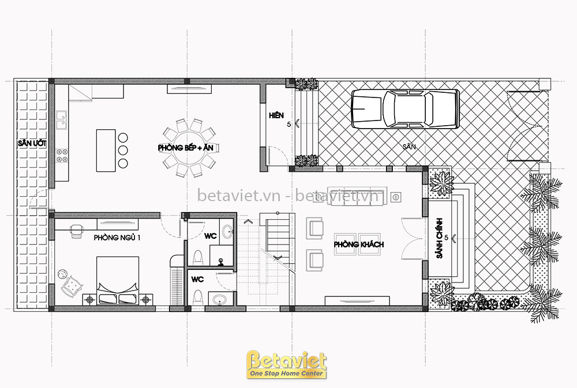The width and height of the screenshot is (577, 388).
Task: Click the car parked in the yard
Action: point(405,108)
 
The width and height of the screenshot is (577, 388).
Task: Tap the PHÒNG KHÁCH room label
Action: point(359,244)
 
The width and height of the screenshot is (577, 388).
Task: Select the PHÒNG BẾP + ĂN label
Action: point(185,148)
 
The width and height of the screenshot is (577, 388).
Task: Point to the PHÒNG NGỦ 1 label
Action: point(117,238)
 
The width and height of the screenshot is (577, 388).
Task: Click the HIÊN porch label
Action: point(276,115)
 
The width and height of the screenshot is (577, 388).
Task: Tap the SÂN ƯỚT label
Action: point(32,144)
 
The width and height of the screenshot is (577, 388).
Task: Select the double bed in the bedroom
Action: point(118,281)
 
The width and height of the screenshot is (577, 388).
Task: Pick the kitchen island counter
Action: point(106,150)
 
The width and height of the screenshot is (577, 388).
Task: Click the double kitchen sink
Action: point(62,120)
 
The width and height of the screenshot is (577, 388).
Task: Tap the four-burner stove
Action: point(62,156)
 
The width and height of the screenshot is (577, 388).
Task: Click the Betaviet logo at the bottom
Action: point(286,364)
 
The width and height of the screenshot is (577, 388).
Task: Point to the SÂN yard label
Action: point(409,146)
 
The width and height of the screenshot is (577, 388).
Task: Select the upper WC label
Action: point(211,236)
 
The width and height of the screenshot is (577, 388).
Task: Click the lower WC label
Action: point(197,280)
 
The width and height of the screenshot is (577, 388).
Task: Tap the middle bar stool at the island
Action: point(123,150)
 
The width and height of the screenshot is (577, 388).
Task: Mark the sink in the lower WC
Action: point(220,299)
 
